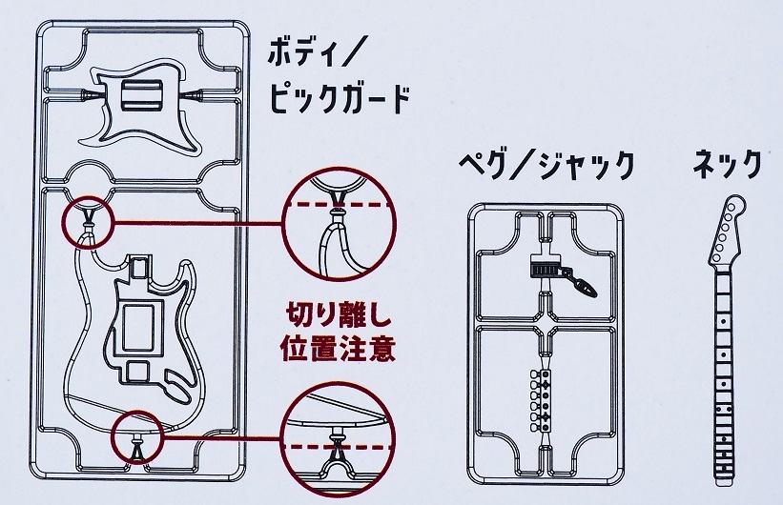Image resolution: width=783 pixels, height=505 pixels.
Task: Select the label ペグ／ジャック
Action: pos(546,166)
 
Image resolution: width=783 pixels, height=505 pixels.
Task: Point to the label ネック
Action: pos(728,166)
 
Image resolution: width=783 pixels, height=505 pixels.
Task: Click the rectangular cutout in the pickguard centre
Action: pos(144,95)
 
